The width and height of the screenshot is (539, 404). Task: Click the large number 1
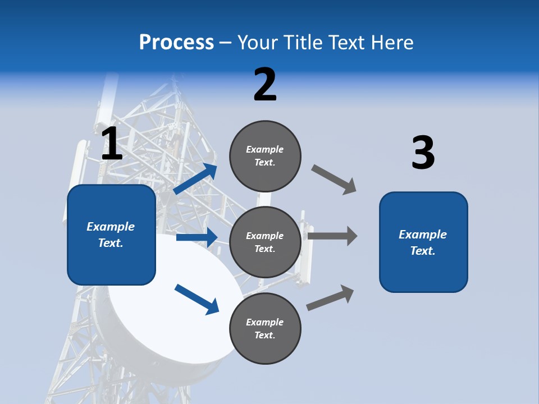(112, 144)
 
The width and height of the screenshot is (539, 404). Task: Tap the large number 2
(265, 85)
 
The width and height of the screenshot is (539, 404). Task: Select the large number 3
(423, 153)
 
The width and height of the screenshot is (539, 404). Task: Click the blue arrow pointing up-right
(195, 179)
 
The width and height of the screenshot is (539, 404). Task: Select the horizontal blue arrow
(197, 237)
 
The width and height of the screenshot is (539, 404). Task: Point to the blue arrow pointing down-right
(197, 299)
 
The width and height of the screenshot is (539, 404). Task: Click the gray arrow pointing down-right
(334, 179)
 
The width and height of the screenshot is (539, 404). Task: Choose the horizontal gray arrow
(332, 236)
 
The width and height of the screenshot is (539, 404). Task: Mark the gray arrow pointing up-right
(331, 297)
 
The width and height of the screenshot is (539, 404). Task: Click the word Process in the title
(176, 42)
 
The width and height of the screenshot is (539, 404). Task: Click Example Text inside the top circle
(265, 156)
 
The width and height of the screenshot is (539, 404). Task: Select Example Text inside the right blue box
(423, 242)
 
